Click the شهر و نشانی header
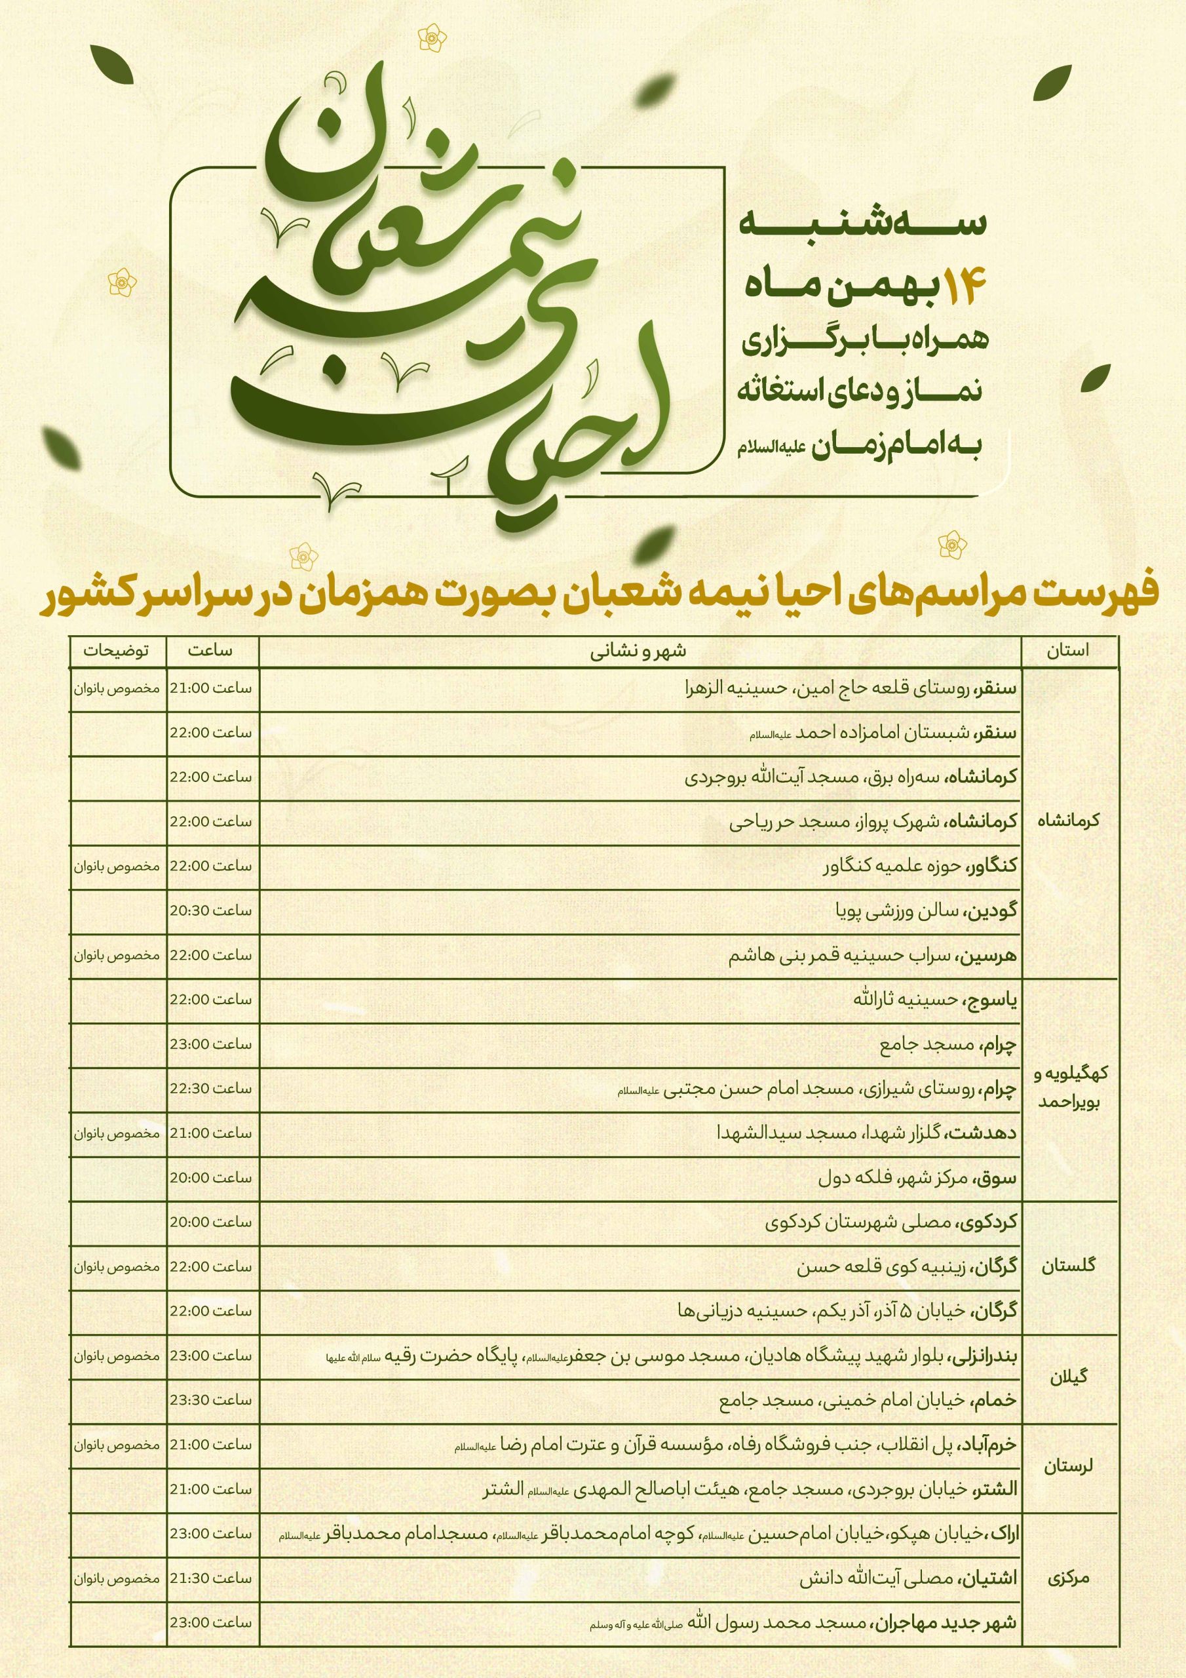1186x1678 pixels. (639, 651)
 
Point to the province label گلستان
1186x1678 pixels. (1068, 1264)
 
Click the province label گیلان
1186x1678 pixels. (1068, 1377)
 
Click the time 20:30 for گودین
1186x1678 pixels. (211, 910)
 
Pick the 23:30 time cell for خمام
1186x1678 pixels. (211, 1399)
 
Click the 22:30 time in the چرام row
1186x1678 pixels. (211, 1088)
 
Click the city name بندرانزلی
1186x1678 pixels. (982, 1356)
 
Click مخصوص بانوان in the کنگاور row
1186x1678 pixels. (116, 866)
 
